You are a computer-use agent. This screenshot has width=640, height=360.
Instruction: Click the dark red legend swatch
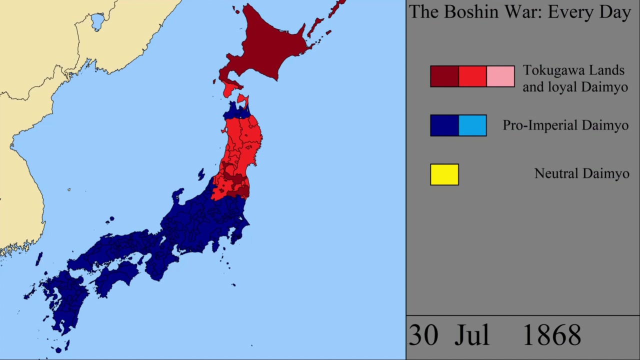[444, 76]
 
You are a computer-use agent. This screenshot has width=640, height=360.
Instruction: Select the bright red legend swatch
[472, 76]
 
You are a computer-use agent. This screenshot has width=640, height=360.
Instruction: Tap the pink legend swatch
[500, 76]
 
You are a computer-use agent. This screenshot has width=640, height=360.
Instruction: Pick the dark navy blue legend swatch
[444, 125]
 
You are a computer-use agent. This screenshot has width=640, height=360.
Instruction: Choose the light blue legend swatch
[472, 125]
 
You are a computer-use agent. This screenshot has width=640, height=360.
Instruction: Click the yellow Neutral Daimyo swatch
[444, 174]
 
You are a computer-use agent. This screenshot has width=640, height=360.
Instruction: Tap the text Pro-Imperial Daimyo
[565, 125]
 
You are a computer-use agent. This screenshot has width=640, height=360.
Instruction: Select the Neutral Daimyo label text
[581, 173]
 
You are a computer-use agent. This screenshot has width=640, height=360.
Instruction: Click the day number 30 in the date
[423, 335]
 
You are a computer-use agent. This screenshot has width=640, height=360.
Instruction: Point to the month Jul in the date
[471, 335]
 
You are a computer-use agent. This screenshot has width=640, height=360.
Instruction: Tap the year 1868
[551, 335]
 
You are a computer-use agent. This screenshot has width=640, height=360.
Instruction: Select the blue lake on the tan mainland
[97, 21]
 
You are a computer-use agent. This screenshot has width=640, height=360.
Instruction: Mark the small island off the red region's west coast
[201, 174]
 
